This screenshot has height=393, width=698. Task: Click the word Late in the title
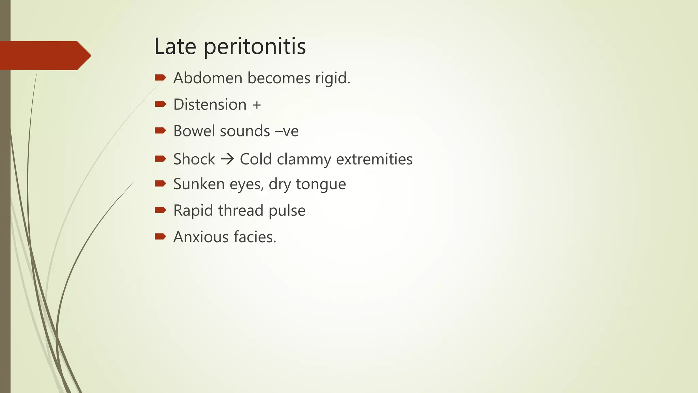tap(175, 46)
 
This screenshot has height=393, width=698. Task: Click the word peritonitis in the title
tap(255, 47)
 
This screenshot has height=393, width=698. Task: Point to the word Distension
tap(210, 105)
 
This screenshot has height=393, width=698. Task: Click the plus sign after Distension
tap(257, 105)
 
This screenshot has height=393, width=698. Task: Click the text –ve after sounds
tap(287, 131)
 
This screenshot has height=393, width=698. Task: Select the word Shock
tap(194, 159)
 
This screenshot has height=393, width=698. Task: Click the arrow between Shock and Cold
tap(227, 159)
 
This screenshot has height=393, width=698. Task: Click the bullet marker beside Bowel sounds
tap(160, 130)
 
